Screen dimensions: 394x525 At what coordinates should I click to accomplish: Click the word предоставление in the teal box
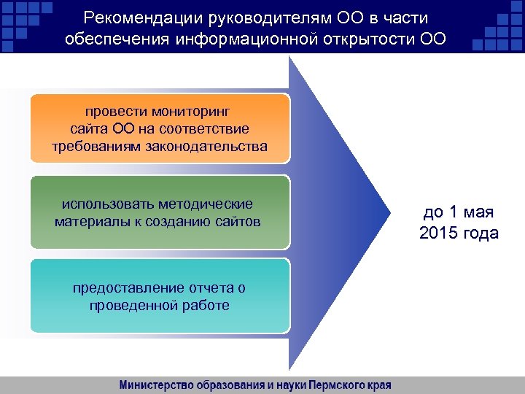pos(120,288)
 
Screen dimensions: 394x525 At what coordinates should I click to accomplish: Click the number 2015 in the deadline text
pos(440,233)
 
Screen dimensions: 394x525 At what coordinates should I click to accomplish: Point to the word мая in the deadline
pos(478,213)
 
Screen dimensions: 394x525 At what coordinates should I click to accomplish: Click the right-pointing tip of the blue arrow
pos(389,212)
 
